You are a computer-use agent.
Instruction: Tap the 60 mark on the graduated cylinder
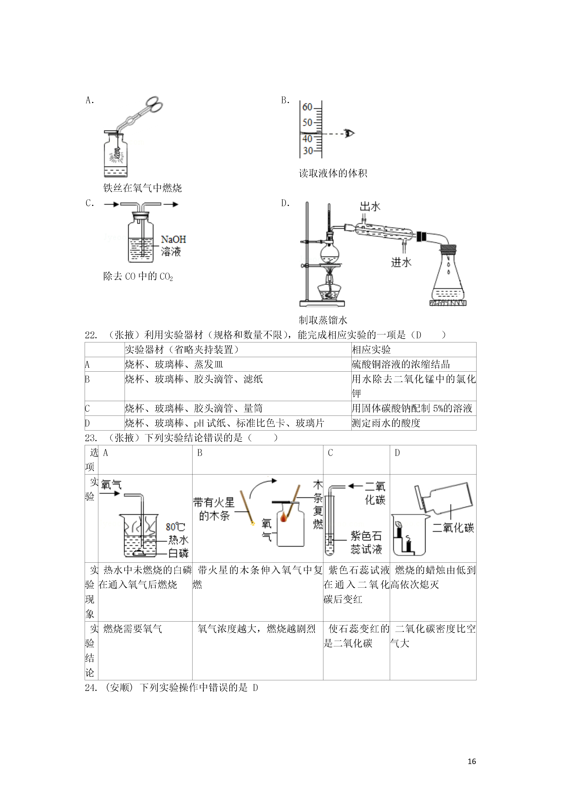click(x=307, y=107)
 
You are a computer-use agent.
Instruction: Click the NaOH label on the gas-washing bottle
click(x=173, y=239)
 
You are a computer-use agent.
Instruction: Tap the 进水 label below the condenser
click(x=401, y=263)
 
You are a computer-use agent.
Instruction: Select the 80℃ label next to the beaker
click(x=175, y=527)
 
